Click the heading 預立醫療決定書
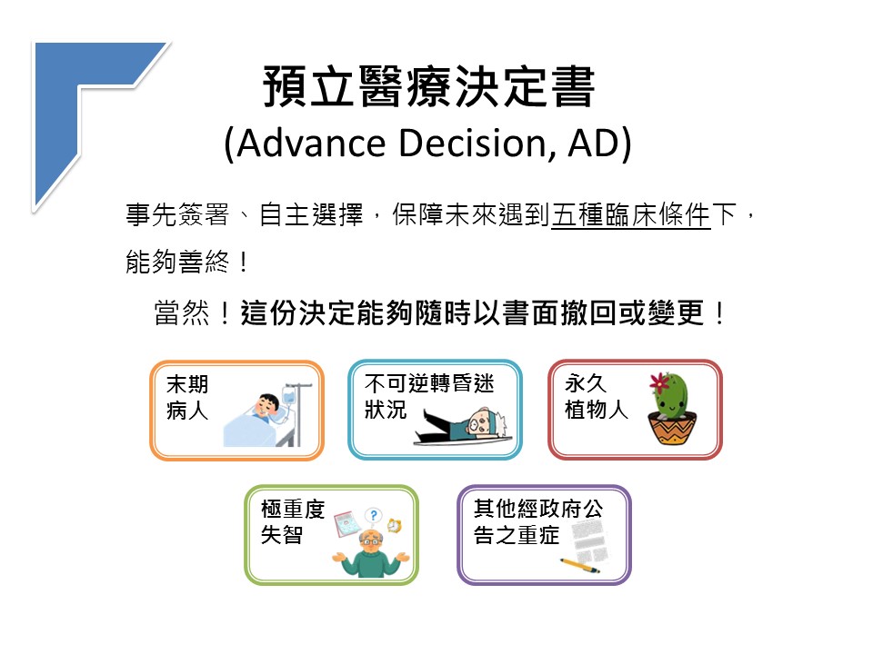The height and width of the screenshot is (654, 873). tap(428, 86)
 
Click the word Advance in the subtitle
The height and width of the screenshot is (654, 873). tap(311, 143)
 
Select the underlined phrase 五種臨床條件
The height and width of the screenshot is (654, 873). tap(631, 214)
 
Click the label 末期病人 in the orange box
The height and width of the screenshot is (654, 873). tap(187, 397)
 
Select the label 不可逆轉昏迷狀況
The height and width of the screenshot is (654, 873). tap(428, 396)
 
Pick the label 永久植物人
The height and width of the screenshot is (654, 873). tap(596, 396)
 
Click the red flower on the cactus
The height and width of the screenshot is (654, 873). tap(660, 383)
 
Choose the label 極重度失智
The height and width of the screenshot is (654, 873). tap(293, 521)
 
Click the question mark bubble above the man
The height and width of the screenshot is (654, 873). tap(374, 516)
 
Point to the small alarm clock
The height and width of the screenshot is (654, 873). tap(395, 525)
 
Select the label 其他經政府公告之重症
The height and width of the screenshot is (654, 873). tap(537, 521)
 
